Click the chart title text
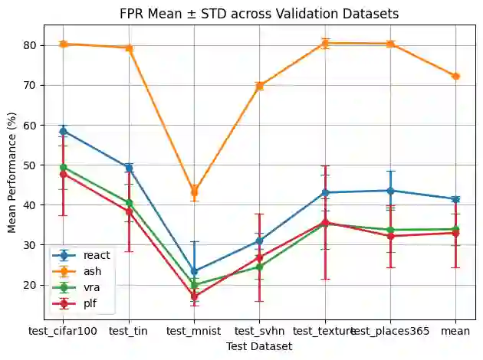[x=259, y=14]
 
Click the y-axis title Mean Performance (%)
[x=11, y=169]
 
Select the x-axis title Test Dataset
[x=259, y=346]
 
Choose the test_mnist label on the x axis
[x=194, y=331]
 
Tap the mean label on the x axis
[x=455, y=331]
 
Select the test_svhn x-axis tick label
[x=259, y=331]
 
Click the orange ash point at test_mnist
[x=194, y=191]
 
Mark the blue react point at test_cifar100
[x=63, y=131]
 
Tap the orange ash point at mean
[x=455, y=76]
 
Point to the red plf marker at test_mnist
[x=194, y=296]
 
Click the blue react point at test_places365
[x=390, y=190]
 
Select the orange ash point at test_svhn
[x=259, y=85]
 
